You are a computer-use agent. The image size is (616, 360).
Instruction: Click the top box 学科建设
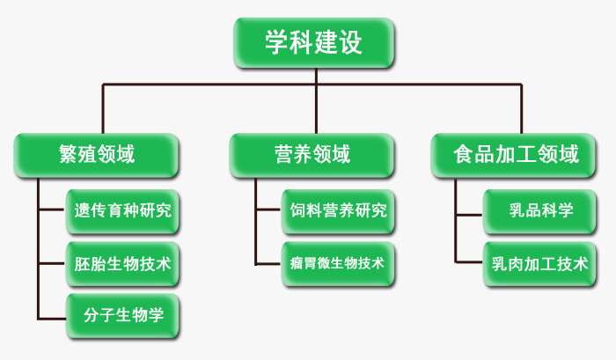click(x=313, y=42)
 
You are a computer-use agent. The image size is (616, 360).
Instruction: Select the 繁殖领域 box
click(x=96, y=155)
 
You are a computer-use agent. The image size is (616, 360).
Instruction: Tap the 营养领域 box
click(x=312, y=155)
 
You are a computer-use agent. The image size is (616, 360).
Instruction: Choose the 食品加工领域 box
click(x=513, y=155)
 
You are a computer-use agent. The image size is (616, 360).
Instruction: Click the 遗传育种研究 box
click(x=122, y=211)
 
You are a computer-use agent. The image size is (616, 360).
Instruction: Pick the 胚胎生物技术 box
click(x=122, y=264)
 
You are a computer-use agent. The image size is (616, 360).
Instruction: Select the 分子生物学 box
click(x=122, y=316)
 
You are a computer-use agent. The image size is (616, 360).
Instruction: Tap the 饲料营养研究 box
click(x=338, y=211)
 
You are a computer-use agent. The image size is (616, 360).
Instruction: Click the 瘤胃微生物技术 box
click(x=338, y=264)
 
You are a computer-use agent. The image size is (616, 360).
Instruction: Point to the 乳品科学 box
click(x=539, y=211)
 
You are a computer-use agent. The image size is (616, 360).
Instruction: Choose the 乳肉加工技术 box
click(x=539, y=264)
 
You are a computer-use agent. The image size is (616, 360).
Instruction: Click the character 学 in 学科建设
click(x=276, y=42)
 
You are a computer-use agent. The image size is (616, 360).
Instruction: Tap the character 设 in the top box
click(x=349, y=42)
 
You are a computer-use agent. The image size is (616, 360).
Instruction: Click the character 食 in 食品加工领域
click(x=463, y=154)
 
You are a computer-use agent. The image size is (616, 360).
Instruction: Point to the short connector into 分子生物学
click(x=52, y=319)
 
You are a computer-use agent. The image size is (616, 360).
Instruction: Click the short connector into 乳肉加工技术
click(x=469, y=261)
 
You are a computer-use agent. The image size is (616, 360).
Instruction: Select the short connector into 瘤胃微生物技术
click(x=268, y=264)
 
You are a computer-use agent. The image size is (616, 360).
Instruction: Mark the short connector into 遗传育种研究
click(x=52, y=209)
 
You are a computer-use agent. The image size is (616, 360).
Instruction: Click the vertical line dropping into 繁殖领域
click(x=103, y=109)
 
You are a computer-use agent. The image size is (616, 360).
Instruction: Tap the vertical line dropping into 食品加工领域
click(x=521, y=109)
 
